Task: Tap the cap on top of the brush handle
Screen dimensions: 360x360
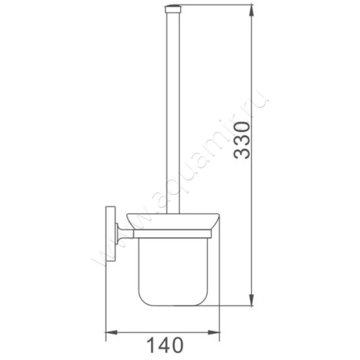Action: point(173,8)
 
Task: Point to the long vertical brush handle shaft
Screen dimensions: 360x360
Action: point(173,112)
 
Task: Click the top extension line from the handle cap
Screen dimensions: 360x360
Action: point(216,5)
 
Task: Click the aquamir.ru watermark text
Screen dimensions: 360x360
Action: point(180,180)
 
